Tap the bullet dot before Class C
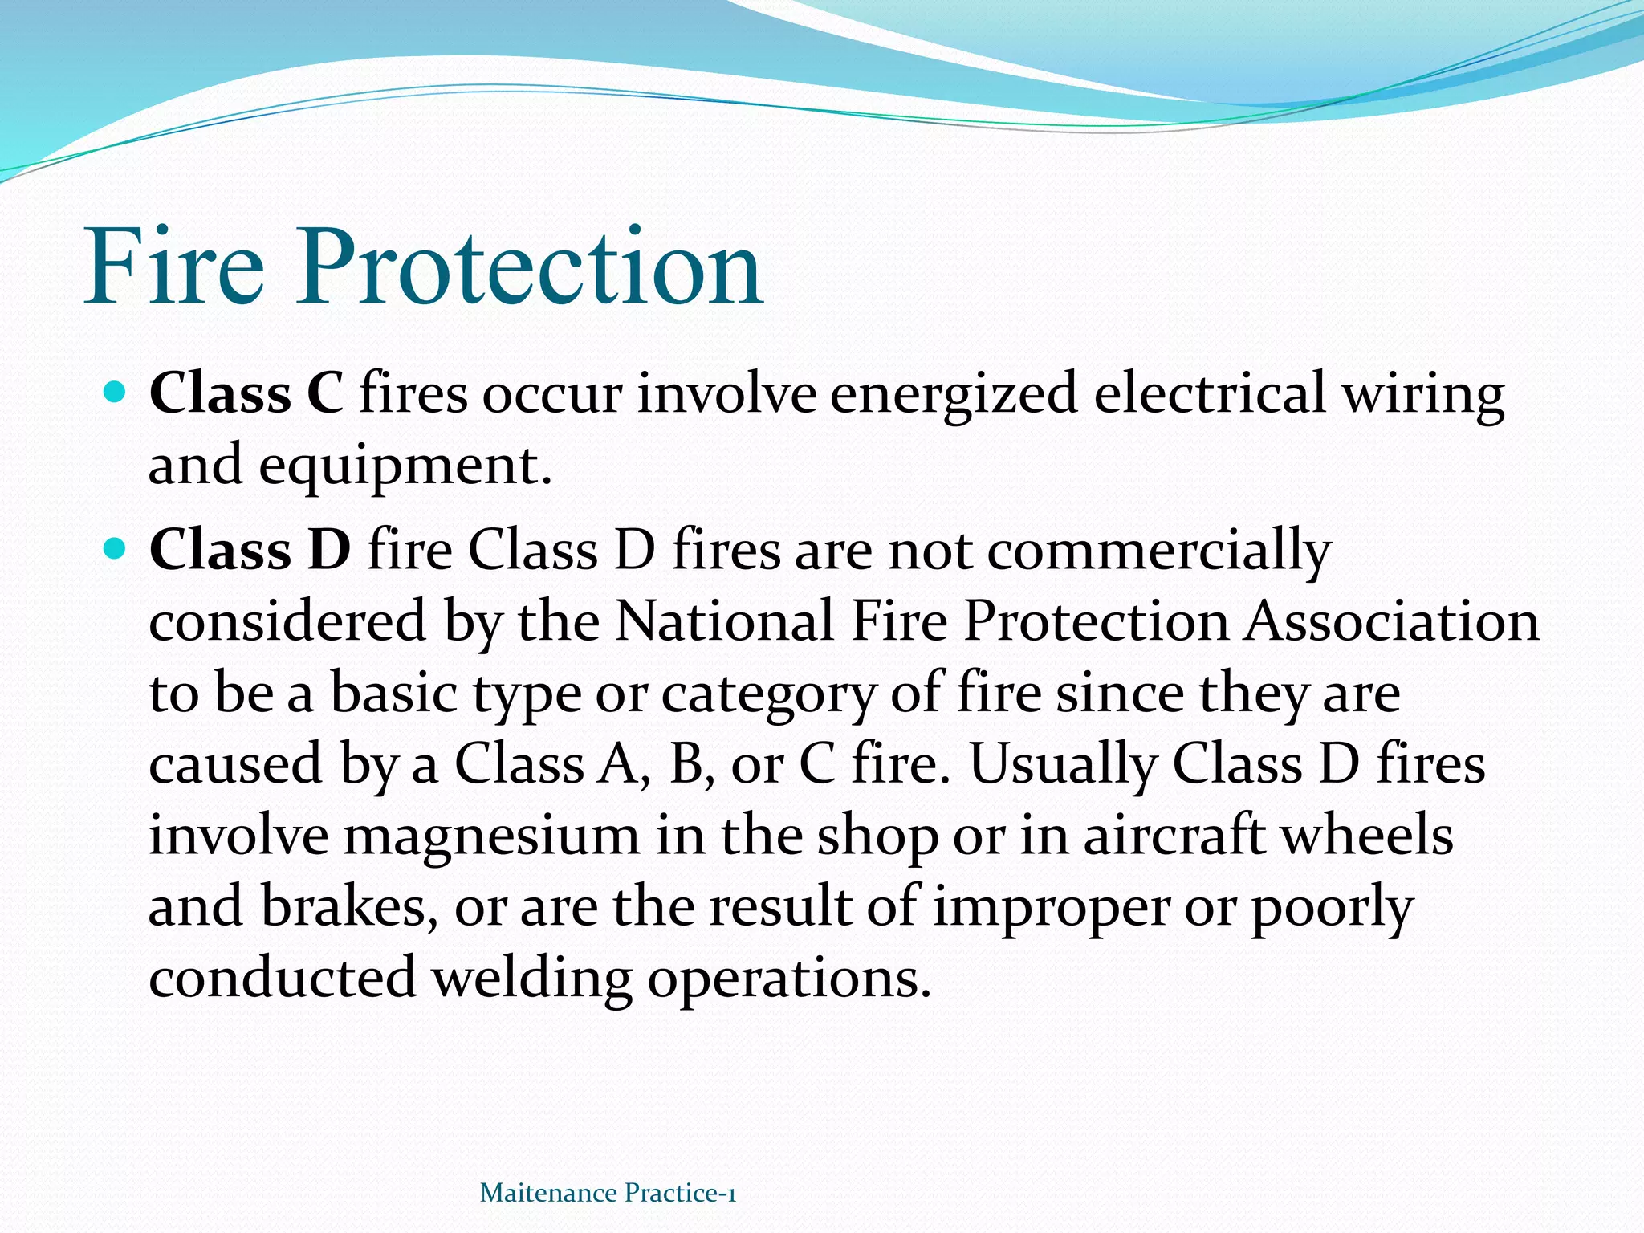116,393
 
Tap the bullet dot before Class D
116,549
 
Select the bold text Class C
246,394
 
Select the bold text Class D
250,551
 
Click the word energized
953,394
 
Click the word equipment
405,466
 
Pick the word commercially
1158,551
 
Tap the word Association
1391,621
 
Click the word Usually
1063,763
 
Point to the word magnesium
491,836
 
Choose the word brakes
350,906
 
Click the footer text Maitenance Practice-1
608,1193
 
